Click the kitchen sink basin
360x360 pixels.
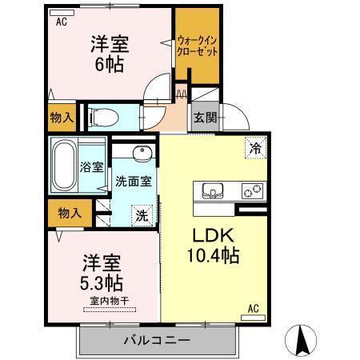click(x=213, y=190)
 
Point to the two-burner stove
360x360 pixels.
click(x=253, y=191)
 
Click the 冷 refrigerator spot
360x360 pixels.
click(x=255, y=148)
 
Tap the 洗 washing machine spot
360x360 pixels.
click(x=141, y=214)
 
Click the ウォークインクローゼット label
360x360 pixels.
click(x=196, y=45)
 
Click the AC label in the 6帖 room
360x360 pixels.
click(x=61, y=22)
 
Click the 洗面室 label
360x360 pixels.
click(x=132, y=181)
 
